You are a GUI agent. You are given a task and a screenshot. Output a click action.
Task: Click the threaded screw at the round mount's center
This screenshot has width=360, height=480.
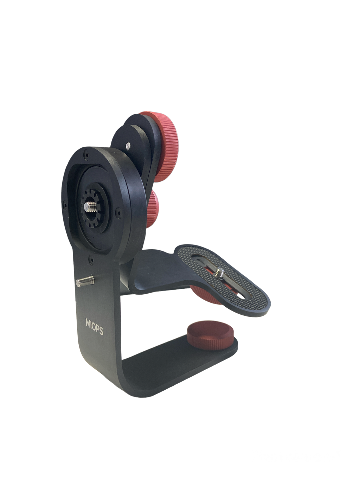pyautogui.click(x=90, y=206)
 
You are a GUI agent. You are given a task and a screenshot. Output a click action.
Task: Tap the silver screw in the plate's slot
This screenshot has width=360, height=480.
pyautogui.click(x=220, y=273)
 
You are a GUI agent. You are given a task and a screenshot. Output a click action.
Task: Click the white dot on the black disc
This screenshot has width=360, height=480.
pyautogui.click(x=128, y=146)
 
